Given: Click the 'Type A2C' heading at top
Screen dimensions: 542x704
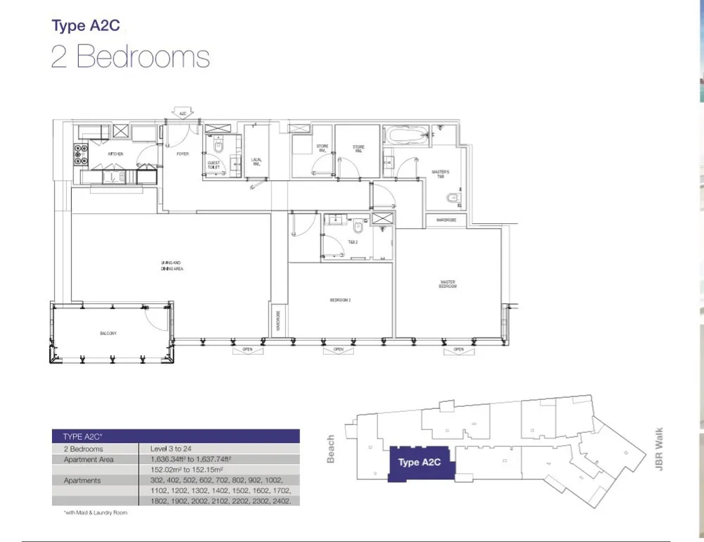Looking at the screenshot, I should [86, 26].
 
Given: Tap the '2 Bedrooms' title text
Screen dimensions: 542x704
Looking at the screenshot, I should [130, 57].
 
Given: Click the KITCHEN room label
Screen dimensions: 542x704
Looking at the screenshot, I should [115, 153].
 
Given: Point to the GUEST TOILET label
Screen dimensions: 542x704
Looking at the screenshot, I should [214, 165].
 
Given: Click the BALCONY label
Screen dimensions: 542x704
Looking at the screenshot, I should [108, 333].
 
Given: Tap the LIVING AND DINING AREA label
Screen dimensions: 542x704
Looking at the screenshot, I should [172, 266].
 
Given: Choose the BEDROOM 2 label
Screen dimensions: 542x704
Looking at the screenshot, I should [340, 300].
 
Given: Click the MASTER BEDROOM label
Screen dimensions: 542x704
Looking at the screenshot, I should [447, 284].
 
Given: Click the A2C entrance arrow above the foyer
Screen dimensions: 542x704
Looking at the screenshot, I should [182, 113].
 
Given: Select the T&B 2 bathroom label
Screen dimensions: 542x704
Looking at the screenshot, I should [353, 242].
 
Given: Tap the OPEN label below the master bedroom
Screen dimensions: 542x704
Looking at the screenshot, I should [458, 349].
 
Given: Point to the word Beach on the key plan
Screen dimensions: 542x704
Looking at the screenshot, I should [331, 448].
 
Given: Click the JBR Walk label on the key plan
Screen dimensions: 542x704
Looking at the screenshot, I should [659, 450].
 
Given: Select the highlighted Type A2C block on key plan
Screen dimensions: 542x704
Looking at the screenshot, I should [420, 462].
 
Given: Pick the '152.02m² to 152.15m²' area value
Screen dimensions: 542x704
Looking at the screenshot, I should [187, 469].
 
